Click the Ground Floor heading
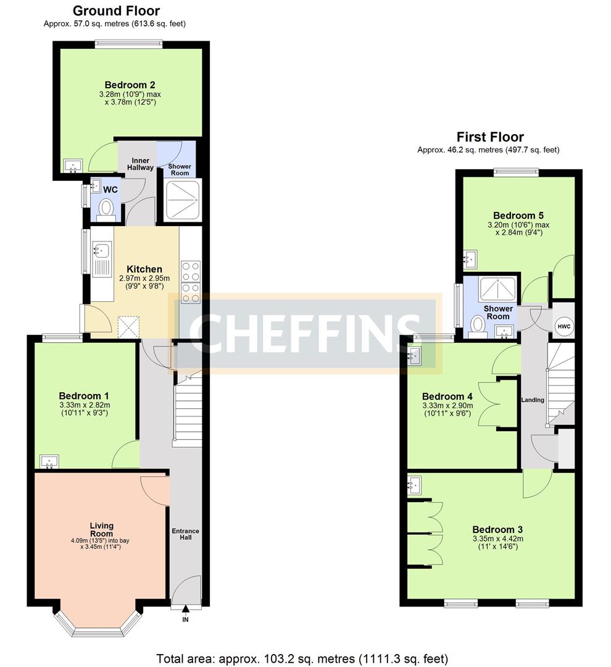point(116,10)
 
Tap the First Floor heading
point(490,137)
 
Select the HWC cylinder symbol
point(563,326)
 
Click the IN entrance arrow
point(185,610)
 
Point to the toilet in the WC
point(106,210)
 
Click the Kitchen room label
point(144,269)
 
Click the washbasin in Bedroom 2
point(73,166)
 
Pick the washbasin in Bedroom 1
point(49,461)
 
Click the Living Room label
point(102,530)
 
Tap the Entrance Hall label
point(185,534)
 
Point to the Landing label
point(533,400)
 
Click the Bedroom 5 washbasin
point(470,259)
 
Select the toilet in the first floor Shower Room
point(478,326)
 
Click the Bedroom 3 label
point(497,530)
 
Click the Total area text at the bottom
point(302,659)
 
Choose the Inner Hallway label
point(140,164)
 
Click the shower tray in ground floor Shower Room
point(183,200)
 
